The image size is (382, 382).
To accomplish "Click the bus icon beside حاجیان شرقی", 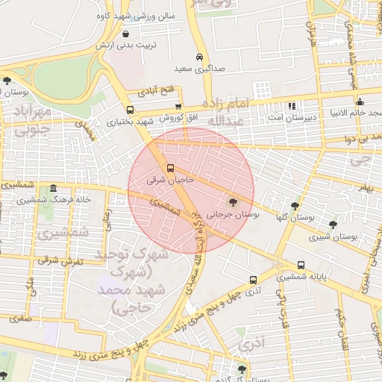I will tap(171, 168).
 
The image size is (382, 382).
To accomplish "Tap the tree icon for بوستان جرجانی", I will tap(234, 202).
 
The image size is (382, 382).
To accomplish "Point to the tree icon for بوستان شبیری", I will tap(333, 225).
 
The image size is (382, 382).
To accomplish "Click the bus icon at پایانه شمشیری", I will tap(301, 265).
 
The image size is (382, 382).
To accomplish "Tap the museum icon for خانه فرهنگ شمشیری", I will tap(52, 189).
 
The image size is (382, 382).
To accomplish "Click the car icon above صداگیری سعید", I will tap(199, 57).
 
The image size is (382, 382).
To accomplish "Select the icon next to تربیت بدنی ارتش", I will tap(125, 34).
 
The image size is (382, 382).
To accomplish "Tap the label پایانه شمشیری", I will tap(303, 277).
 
